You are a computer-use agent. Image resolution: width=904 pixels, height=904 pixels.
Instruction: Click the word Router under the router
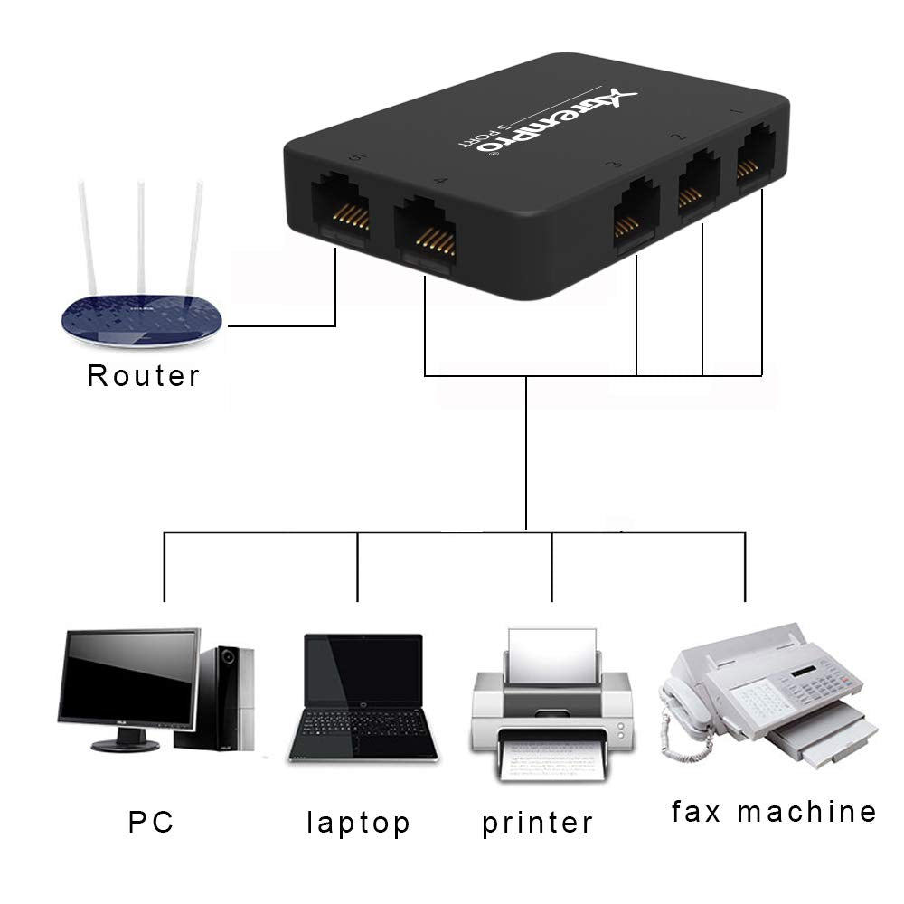(x=143, y=375)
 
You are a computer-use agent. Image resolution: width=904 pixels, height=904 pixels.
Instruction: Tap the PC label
(x=151, y=822)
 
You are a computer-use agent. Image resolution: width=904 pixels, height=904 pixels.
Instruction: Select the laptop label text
(x=358, y=823)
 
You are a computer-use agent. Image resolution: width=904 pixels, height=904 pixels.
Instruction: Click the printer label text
(x=537, y=823)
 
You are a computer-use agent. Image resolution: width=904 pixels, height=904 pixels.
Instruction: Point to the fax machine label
(x=774, y=812)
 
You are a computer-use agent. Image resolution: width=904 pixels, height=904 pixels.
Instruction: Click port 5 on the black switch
(x=340, y=214)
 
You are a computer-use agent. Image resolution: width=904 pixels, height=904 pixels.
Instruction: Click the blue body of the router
(x=140, y=321)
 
